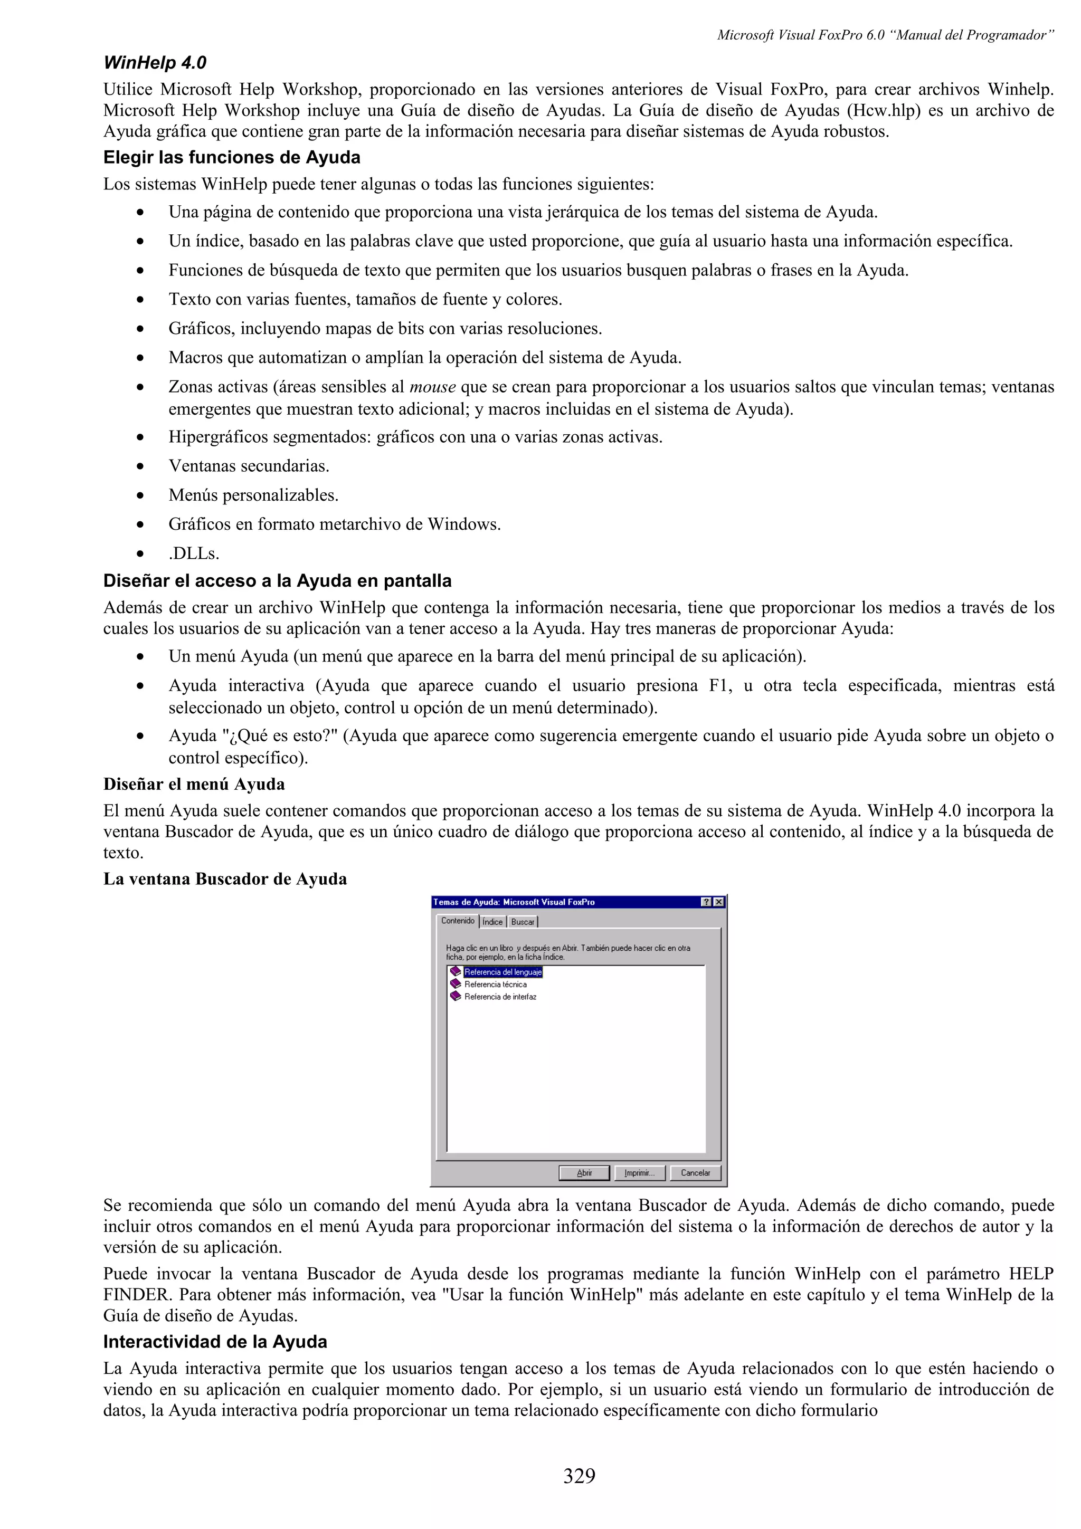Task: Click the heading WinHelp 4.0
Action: click(155, 63)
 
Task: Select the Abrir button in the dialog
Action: click(584, 1173)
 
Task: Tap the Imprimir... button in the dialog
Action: click(639, 1173)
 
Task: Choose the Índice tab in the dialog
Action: click(492, 922)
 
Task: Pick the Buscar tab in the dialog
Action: click(523, 922)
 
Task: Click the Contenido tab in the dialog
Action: click(458, 921)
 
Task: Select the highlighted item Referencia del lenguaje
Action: click(503, 972)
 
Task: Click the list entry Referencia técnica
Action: click(495, 985)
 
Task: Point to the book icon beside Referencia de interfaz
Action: click(456, 996)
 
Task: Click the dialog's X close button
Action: click(719, 902)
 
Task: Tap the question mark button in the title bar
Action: click(707, 902)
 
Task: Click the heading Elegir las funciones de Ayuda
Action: click(232, 157)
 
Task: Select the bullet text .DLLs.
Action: click(194, 553)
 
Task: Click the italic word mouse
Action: click(432, 387)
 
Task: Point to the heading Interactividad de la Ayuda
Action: click(215, 1341)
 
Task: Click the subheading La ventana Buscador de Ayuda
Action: click(225, 879)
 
